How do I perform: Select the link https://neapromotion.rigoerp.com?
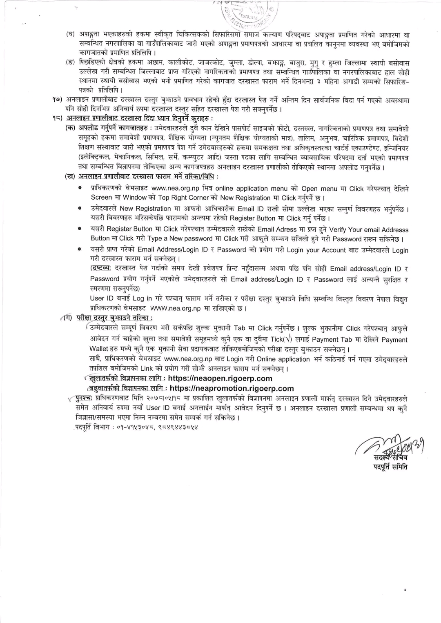[x=232, y=388]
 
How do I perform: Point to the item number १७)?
[x=58, y=100]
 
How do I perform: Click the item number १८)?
[x=58, y=118]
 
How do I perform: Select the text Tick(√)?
[x=282, y=339]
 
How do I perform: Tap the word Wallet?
[x=99, y=349]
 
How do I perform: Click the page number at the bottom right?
[x=405, y=590]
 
